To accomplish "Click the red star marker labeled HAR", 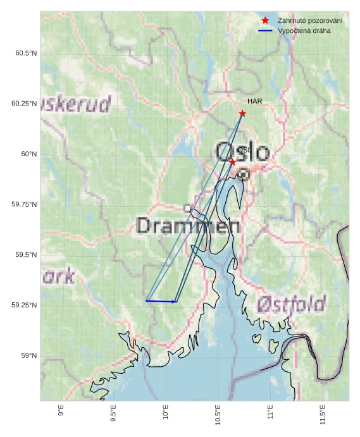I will point(242,113).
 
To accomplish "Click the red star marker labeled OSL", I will point(232,162).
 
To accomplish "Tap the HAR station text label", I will point(254,101).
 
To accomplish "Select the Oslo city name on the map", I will point(242,152).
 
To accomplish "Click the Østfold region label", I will point(291,304).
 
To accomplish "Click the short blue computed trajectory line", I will point(161,302).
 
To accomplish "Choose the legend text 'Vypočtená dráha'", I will point(304,30).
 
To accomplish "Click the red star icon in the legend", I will point(265,20).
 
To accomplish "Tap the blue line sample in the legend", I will point(265,30).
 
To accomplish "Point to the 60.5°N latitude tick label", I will point(26,53).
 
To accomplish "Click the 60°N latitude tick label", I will point(29,154).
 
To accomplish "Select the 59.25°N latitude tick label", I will point(24,305).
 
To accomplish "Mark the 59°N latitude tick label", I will point(29,355).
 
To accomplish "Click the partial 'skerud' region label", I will point(75,104).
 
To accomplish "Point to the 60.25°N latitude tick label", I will point(24,103).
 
